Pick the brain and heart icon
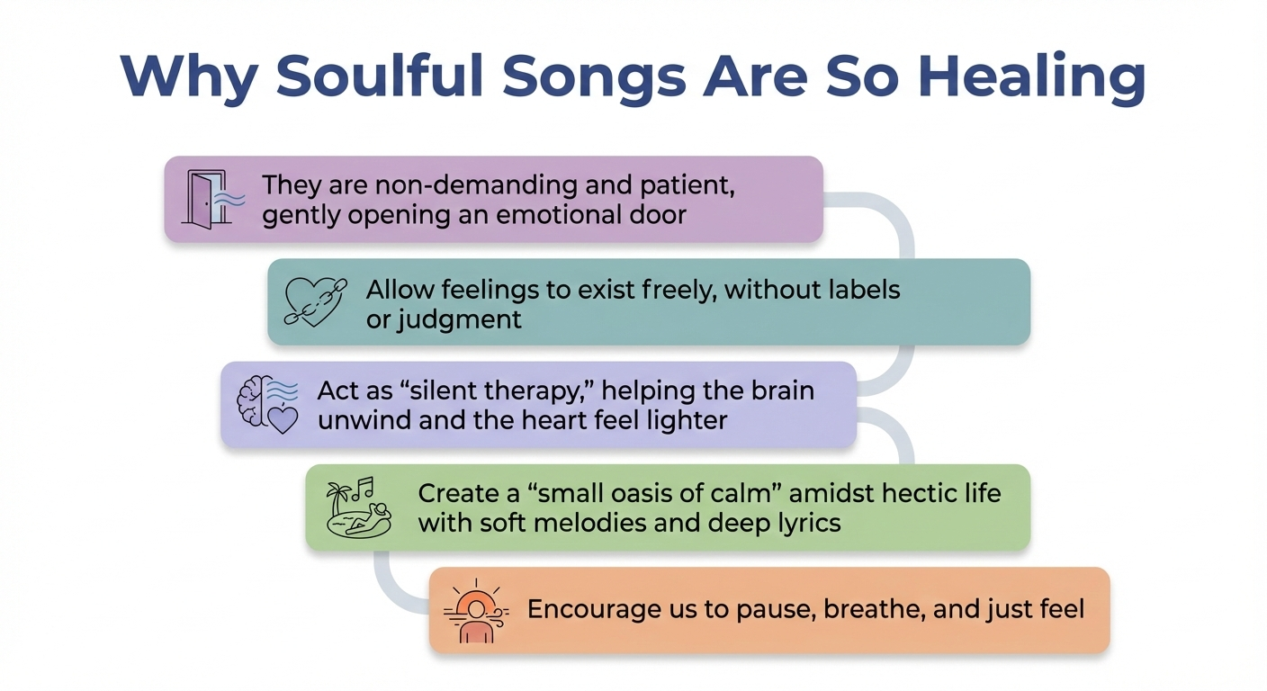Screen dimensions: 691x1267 coord(267,405)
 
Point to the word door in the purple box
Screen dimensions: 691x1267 coord(659,216)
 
